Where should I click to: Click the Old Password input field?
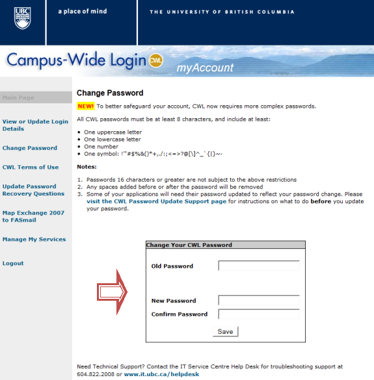(x=258, y=266)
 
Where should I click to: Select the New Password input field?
(x=258, y=301)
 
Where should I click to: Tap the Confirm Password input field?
(x=258, y=314)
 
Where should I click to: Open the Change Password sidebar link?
(x=30, y=148)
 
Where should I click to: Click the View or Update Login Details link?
(x=35, y=125)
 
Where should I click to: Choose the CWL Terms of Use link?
(x=31, y=168)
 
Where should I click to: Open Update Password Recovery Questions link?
(x=33, y=190)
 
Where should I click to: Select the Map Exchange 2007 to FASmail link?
(x=33, y=216)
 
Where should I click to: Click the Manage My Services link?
(x=34, y=240)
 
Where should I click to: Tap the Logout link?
(x=13, y=264)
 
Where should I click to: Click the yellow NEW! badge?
(x=85, y=106)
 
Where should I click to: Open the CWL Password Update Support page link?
(x=156, y=202)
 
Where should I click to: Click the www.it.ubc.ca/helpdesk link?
(x=162, y=375)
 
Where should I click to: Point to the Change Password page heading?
(x=110, y=93)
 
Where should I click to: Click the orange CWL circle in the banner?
(x=155, y=60)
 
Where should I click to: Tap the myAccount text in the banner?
(x=205, y=68)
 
